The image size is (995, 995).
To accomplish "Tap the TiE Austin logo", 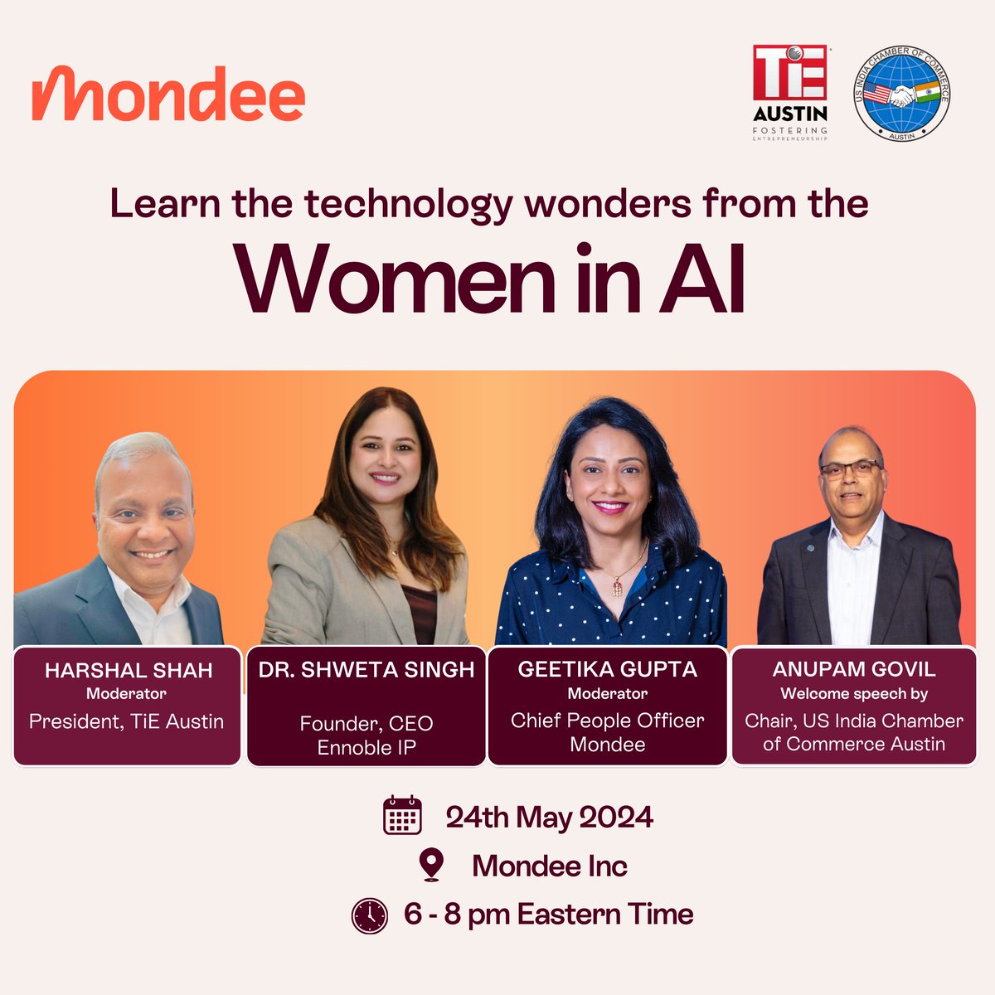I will [x=789, y=92].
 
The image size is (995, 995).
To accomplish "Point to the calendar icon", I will [x=402, y=815].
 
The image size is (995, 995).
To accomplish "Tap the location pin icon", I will [x=430, y=865].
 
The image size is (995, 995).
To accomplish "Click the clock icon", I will [x=369, y=915].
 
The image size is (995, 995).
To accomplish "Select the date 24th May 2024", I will [x=549, y=818].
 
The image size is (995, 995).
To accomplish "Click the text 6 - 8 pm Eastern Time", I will [x=548, y=915].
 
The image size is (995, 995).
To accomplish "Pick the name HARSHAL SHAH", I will [x=128, y=670].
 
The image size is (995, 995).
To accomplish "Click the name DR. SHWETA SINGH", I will [x=366, y=670].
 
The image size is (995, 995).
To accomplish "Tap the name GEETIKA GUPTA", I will [x=607, y=669].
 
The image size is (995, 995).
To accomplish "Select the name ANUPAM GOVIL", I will [x=853, y=669].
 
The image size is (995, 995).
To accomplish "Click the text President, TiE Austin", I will [x=126, y=721].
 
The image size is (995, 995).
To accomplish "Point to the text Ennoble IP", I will [x=366, y=747].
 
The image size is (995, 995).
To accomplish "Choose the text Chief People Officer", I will [x=607, y=721].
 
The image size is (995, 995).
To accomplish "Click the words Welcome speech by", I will [x=853, y=694].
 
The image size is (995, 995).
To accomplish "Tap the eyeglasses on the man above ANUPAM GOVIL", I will [x=851, y=469].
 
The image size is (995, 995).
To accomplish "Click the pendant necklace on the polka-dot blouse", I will [x=618, y=586].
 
